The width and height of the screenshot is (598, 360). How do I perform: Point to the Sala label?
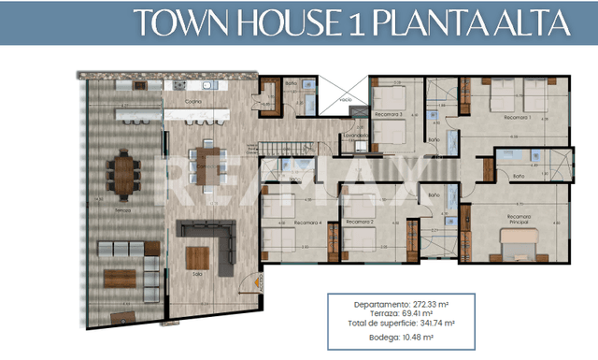[197, 274]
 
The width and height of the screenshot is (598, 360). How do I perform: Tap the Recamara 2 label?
[360, 222]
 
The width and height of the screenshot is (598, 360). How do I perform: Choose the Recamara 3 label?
[389, 114]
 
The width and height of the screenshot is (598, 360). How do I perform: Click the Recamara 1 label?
[516, 119]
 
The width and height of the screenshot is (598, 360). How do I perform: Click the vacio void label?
[346, 98]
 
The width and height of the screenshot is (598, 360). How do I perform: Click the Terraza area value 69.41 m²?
[417, 313]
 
